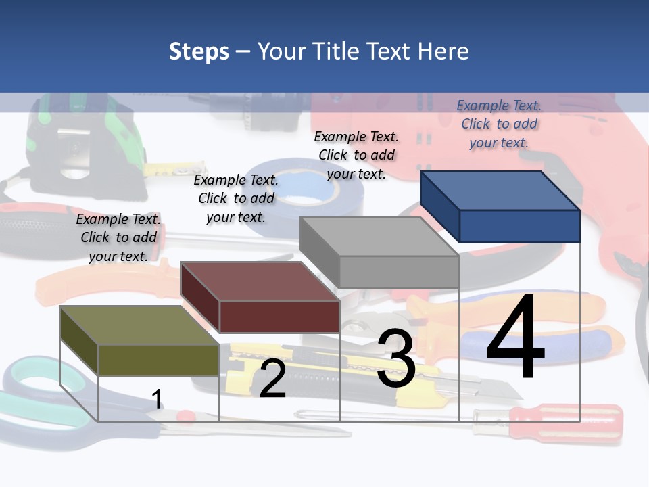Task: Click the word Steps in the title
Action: (x=199, y=51)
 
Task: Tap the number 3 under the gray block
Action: (x=396, y=358)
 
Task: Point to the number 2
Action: (x=272, y=379)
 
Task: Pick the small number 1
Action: (x=157, y=399)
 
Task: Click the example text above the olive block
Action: (x=118, y=237)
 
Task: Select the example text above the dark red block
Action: (x=236, y=198)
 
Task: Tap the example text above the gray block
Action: (x=356, y=155)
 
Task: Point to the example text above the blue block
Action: (x=499, y=124)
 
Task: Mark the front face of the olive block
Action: (x=159, y=360)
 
